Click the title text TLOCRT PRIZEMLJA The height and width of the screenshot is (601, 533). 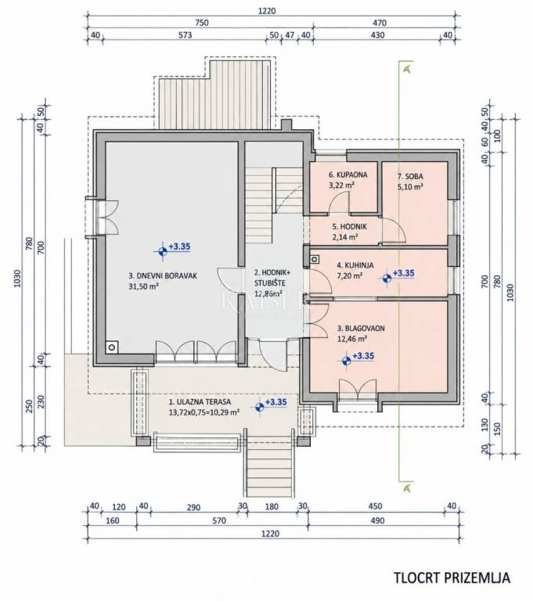pos(452,578)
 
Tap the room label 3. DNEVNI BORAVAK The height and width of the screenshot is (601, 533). pos(163,275)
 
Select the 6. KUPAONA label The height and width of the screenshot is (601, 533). pos(348,175)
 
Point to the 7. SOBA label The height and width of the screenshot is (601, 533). pos(410,176)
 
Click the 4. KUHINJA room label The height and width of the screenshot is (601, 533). pos(355,265)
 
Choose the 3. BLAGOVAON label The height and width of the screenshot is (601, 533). pos(361,329)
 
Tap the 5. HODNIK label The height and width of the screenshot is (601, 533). pos(349,227)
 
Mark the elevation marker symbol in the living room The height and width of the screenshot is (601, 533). pos(163,251)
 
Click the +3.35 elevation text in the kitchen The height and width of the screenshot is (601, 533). pos(404,273)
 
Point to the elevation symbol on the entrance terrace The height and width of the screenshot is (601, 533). pos(260,407)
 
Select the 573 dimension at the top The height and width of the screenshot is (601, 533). pos(185,35)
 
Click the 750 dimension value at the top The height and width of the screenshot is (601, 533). pos(202,23)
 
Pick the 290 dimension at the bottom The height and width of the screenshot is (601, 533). pos(193,507)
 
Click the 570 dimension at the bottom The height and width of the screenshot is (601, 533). pos(219,520)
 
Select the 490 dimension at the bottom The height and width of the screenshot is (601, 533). pos(378,520)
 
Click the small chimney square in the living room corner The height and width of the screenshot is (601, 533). pos(112,347)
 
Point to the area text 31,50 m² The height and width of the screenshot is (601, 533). pos(144,286)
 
